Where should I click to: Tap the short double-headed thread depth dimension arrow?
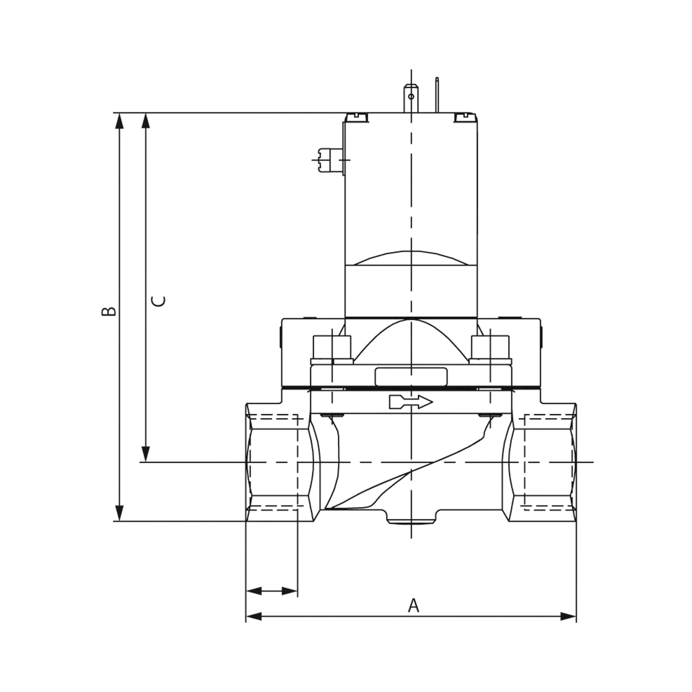(x=272, y=591)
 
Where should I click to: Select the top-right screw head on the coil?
(x=465, y=117)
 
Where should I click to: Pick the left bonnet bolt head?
(x=332, y=347)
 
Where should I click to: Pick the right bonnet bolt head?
(x=490, y=347)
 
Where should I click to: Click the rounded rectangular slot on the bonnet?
(x=411, y=377)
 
